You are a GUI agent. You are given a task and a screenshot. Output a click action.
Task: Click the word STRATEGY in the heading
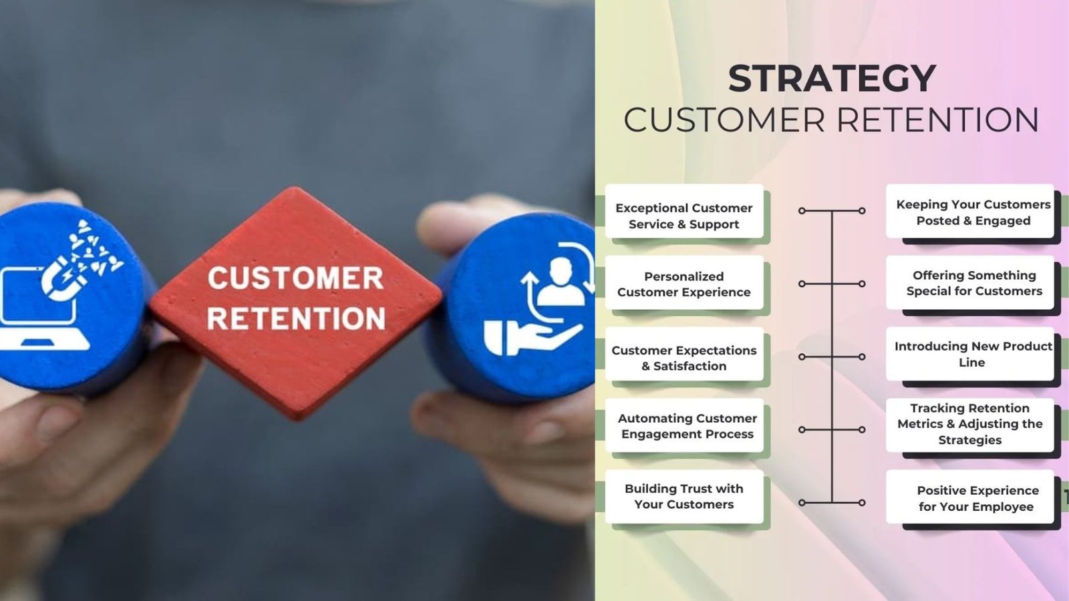click(x=832, y=79)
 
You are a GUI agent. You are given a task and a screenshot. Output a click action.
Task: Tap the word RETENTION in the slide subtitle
click(x=938, y=120)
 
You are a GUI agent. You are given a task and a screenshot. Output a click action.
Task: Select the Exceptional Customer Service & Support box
click(x=684, y=211)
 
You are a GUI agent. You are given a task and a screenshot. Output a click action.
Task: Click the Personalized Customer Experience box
click(x=684, y=283)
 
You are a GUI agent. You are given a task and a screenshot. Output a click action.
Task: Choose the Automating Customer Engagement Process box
click(x=684, y=425)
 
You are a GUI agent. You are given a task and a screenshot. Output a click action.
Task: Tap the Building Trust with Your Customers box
click(x=684, y=497)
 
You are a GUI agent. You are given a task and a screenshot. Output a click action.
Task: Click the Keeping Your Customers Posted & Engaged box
click(x=970, y=211)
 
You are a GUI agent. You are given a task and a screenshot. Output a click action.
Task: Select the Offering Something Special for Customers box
click(x=970, y=283)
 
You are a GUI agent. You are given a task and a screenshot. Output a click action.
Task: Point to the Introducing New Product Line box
click(x=970, y=354)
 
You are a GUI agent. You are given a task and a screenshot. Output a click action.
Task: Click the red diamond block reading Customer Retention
click(x=296, y=303)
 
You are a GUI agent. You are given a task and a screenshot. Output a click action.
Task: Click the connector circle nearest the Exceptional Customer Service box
click(x=802, y=211)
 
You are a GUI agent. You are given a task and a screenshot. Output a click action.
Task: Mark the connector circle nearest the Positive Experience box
click(x=862, y=503)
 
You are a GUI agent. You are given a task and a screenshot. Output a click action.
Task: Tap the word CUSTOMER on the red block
click(x=296, y=278)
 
